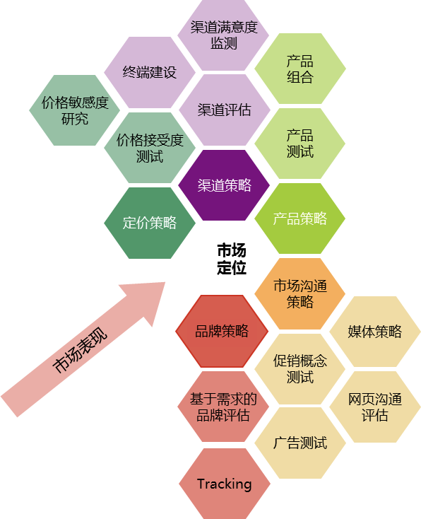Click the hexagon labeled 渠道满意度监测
pos(223,35)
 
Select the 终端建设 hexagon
pos(150,72)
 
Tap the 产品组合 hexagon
pos(300,69)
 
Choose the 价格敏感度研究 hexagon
pos(75,110)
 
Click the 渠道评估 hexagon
pos(225,110)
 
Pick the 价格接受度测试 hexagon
pos(150,148)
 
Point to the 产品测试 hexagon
pos(300,144)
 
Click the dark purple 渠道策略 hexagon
pos(224,185)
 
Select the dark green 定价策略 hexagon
pos(150,223)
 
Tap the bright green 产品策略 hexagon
pos(300,218)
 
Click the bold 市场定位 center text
pos(232,259)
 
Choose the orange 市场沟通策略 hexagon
pos(300,293)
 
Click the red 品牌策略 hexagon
pos(222,331)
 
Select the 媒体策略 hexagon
pos(375,332)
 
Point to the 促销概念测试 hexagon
pos(300,368)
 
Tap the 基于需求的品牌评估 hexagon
pos(223,407)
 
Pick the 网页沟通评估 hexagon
pos(375,407)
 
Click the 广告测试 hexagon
pos(300,443)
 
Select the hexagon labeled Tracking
pos(225,484)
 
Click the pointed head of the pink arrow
pos(165,282)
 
